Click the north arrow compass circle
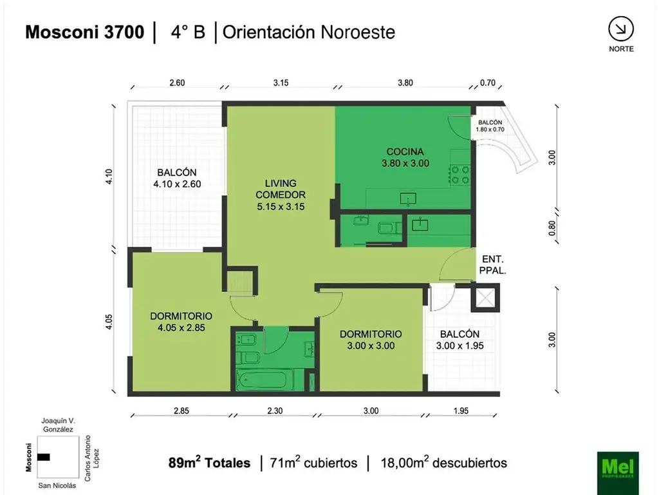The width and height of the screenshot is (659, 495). click(x=620, y=28)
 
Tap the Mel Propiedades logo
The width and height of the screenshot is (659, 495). click(x=617, y=463)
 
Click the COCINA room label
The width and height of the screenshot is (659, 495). click(x=405, y=158)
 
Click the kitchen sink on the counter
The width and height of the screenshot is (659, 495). click(x=408, y=199)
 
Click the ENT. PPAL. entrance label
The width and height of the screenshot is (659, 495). click(x=494, y=265)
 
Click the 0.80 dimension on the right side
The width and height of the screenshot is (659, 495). click(x=551, y=228)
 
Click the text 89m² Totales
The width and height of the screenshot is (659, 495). click(x=209, y=463)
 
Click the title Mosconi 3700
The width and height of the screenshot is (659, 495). click(x=84, y=32)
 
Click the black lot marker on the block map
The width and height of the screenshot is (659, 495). click(x=43, y=457)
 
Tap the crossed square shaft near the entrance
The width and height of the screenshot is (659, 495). click(x=485, y=298)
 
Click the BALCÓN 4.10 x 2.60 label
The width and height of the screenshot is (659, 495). click(x=176, y=178)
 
